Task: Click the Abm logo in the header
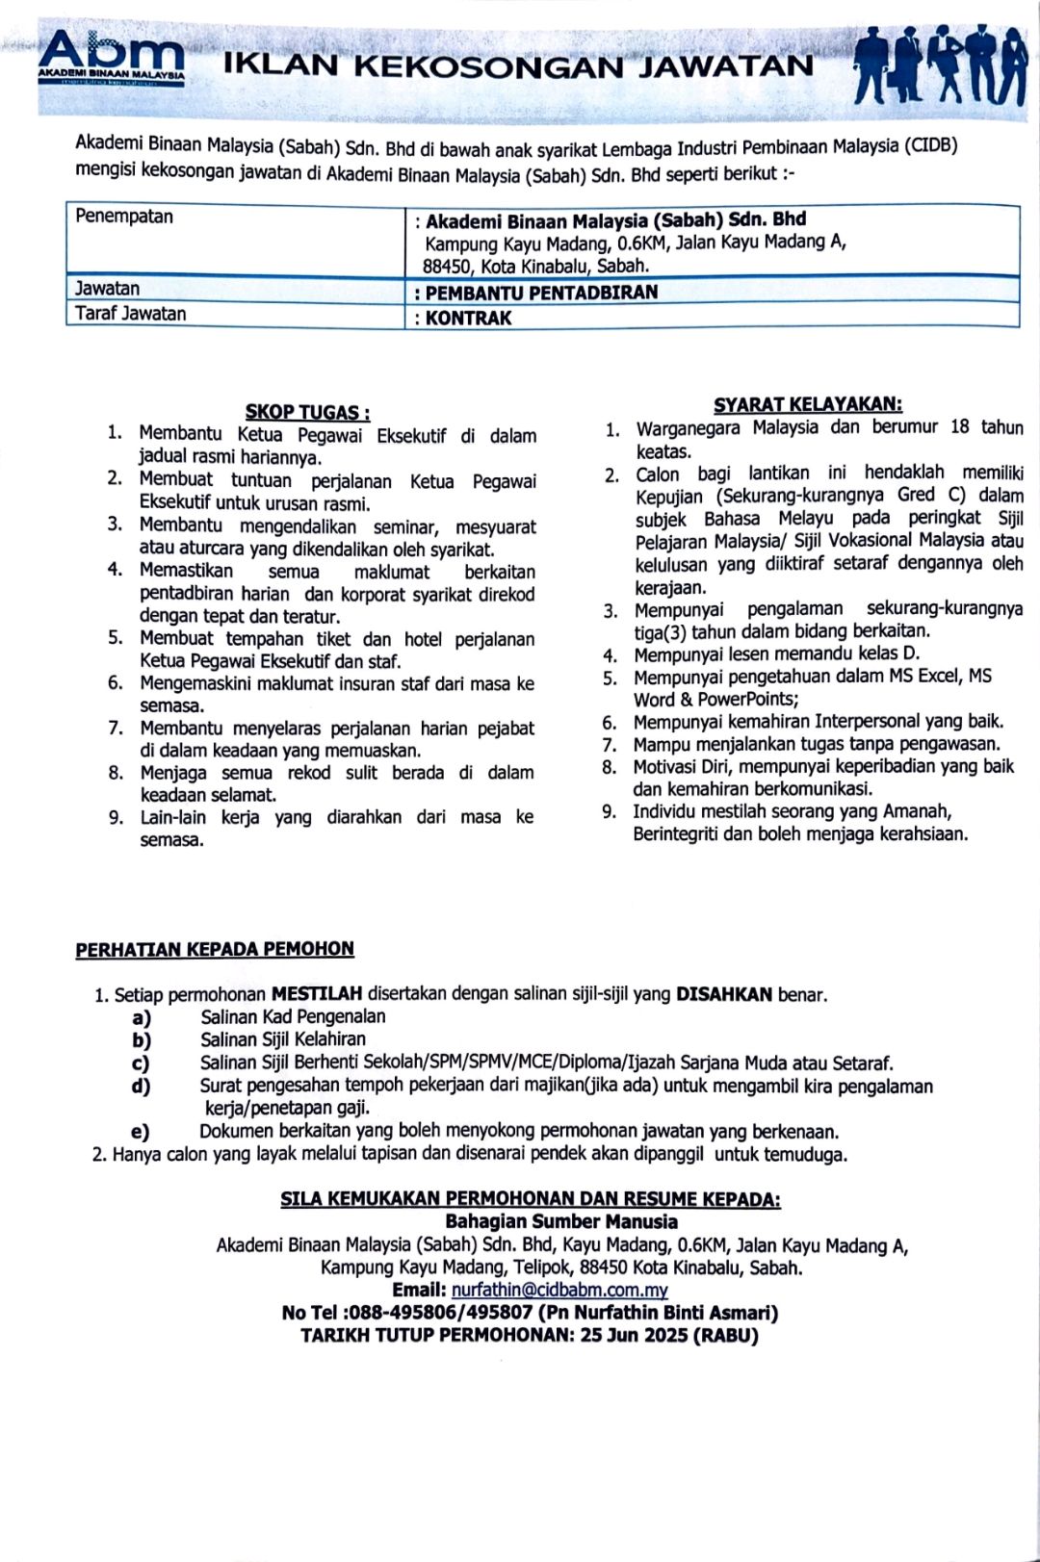click(112, 59)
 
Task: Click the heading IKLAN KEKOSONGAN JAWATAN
click(518, 65)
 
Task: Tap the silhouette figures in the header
click(940, 65)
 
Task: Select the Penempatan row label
click(124, 217)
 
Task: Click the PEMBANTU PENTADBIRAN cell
click(541, 293)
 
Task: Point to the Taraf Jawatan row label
click(131, 314)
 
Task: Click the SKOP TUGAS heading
click(307, 413)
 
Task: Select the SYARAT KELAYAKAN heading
click(807, 405)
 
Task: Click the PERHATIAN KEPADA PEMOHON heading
click(215, 949)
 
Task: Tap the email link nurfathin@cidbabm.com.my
click(559, 1290)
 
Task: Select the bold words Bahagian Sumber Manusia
click(561, 1222)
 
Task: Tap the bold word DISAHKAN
click(724, 994)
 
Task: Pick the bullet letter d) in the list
click(142, 1087)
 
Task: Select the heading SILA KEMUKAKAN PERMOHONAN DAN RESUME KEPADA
click(531, 1199)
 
